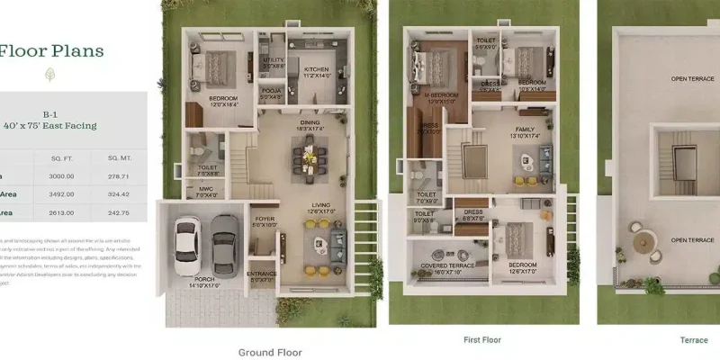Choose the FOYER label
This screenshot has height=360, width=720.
point(265,219)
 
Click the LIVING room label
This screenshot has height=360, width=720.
point(321,205)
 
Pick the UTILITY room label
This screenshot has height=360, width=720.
point(274,60)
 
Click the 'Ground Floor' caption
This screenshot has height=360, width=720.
point(270,353)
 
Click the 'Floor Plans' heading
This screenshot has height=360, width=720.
point(51,50)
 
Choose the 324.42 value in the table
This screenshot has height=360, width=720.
point(120,193)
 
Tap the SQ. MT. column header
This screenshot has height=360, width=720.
point(120,157)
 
